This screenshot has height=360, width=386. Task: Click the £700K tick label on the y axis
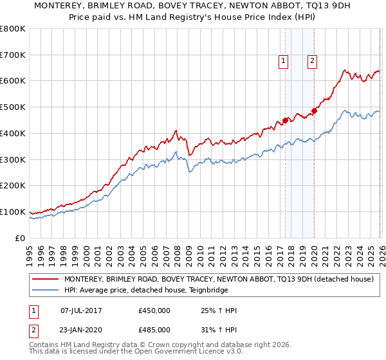(13, 55)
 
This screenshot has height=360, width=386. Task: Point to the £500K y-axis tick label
(13, 107)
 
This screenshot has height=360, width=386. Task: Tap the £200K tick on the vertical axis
(13, 186)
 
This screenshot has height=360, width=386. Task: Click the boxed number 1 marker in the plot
(284, 61)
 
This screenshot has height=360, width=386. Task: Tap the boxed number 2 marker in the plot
(312, 61)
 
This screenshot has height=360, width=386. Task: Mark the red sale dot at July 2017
(285, 120)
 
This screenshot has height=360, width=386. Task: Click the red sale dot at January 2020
(314, 111)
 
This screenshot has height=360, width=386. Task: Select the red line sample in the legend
(45, 279)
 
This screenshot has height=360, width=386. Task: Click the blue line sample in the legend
(45, 290)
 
